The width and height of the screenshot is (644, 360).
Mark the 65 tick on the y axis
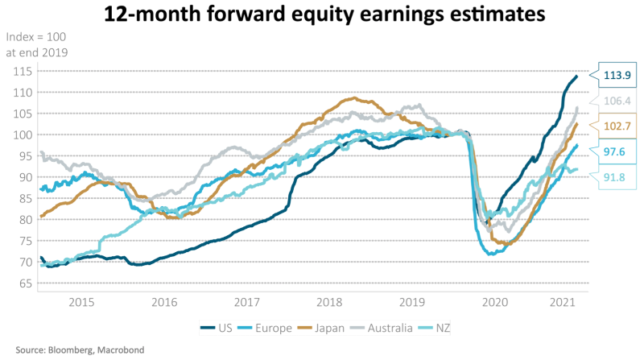click(x=22, y=283)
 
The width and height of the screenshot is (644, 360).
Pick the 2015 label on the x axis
click(x=81, y=303)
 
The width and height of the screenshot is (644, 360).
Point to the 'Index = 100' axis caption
click(x=37, y=38)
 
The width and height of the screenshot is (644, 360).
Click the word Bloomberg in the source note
click(x=73, y=351)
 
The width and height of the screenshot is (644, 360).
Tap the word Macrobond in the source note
click(x=130, y=351)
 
